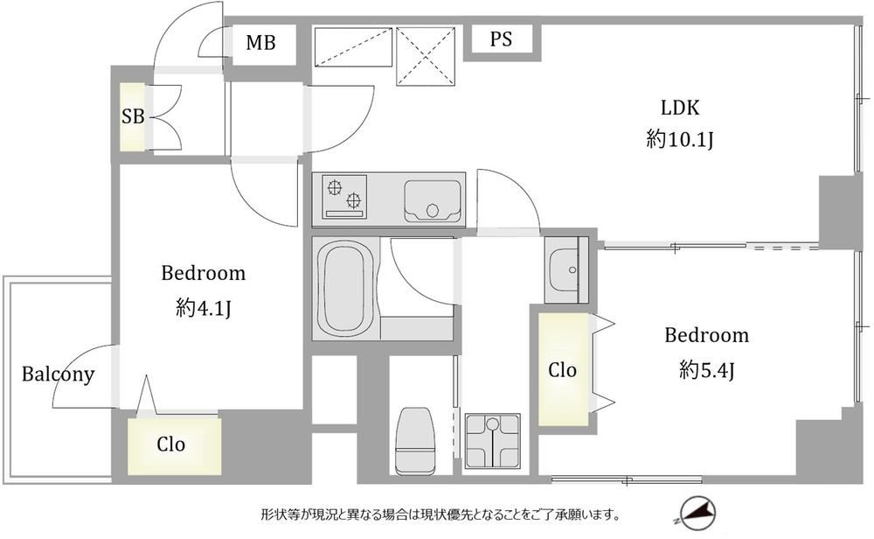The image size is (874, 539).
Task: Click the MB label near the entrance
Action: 260,42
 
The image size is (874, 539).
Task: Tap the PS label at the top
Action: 501,39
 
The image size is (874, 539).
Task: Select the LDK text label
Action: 679,107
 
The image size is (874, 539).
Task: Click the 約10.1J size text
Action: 680,139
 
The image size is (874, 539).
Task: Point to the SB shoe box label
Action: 133,116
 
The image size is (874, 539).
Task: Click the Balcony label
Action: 58,374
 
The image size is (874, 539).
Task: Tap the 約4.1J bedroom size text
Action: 203,307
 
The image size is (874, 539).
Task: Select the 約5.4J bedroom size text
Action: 706,369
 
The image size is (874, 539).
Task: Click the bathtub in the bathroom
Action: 345,290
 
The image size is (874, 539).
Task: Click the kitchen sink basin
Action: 433,201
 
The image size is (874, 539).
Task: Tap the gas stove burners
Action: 343,194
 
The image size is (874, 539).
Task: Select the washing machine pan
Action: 492,441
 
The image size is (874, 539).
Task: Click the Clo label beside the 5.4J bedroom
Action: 562,370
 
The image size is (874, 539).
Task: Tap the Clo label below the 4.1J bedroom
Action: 170,444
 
